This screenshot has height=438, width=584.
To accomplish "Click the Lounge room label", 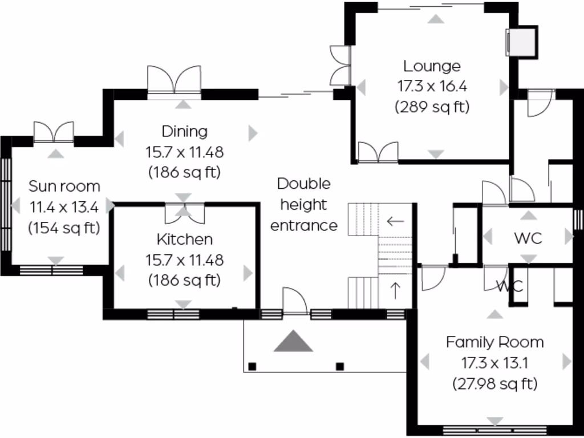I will tap(432, 66).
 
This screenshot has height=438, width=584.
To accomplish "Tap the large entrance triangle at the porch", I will tap(293, 341).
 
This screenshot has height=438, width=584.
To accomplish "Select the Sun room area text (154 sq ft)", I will tap(64, 228).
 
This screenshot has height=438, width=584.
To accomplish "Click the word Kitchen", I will tap(184, 240).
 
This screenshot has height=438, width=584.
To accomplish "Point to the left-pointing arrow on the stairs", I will tap(395, 221).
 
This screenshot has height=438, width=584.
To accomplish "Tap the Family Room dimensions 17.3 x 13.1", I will tap(494, 363).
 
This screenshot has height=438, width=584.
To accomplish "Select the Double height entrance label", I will tap(303, 205).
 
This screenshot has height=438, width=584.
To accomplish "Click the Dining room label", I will tap(184, 132).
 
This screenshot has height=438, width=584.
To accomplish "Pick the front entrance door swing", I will tap(296, 301).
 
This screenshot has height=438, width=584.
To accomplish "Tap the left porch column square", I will tap(252, 366).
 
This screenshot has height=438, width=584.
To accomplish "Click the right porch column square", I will tap(340, 366).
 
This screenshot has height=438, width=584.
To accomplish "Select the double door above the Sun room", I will tap(54, 132).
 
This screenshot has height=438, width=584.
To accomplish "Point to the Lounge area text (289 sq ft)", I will tap(432, 107).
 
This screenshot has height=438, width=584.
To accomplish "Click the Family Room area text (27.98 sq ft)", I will tap(494, 384).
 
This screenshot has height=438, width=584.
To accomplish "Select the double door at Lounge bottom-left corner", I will tap(377, 152).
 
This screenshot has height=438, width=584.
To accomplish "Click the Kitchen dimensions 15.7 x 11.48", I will tap(184, 260).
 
